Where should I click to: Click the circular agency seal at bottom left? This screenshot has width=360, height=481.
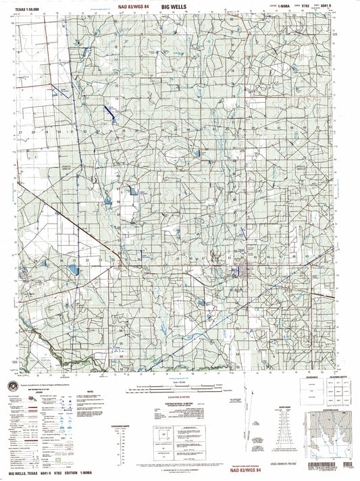[x=14, y=384]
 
